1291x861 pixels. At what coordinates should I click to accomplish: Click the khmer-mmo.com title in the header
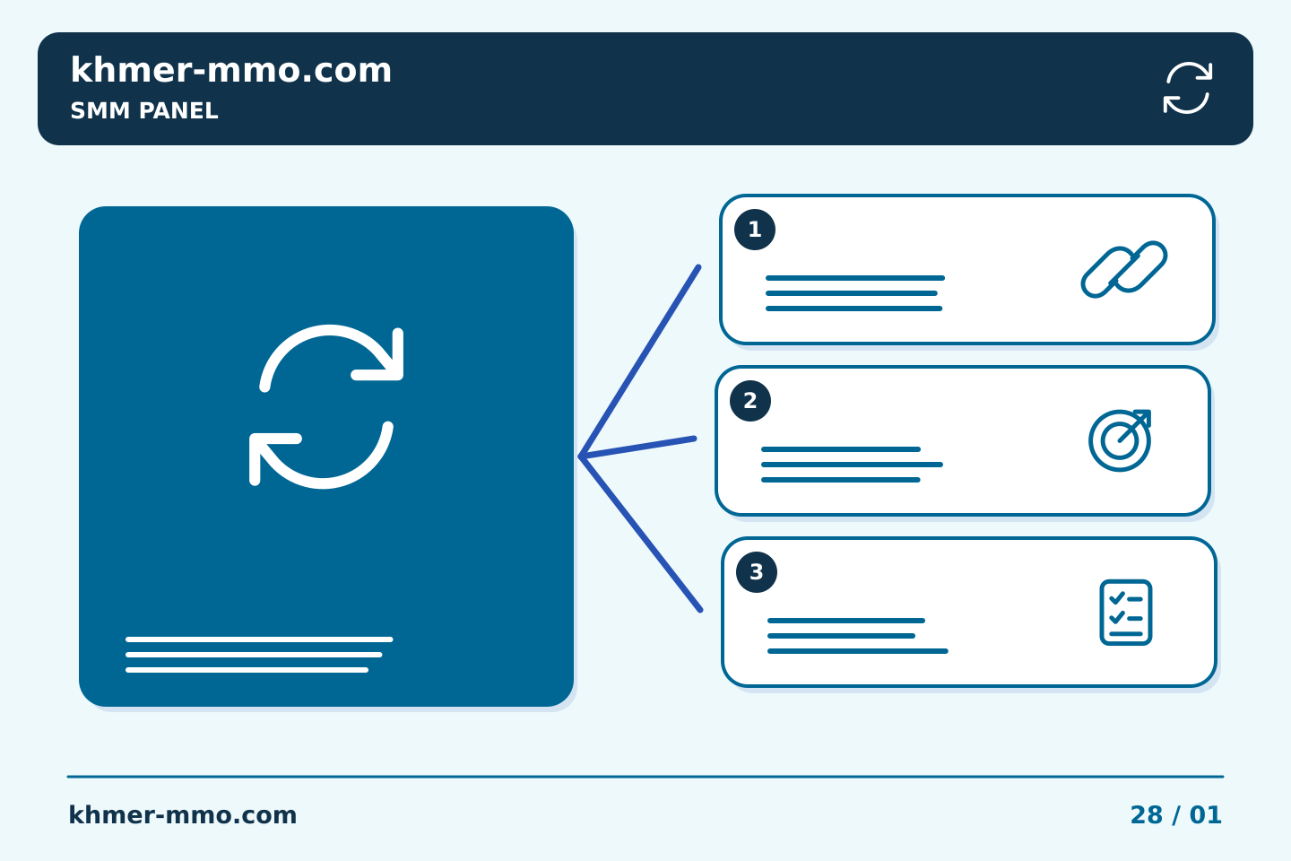point(230,70)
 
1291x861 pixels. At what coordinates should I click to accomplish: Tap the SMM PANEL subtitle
point(144,110)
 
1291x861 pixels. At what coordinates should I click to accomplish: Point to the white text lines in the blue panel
point(259,655)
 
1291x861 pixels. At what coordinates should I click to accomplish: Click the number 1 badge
point(755,230)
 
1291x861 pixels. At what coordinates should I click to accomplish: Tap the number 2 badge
point(749,401)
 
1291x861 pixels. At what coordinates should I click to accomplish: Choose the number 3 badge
point(756,572)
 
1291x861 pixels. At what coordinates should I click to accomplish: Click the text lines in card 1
point(855,293)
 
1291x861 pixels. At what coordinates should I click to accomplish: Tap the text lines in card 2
point(852,465)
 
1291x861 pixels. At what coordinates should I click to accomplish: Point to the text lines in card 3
point(858,636)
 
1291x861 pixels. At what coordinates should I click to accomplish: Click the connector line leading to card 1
point(640,361)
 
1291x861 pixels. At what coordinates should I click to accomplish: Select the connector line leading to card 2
point(638,448)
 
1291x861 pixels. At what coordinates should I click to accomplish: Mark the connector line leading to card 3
point(641,534)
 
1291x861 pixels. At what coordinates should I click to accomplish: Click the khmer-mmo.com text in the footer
point(182,815)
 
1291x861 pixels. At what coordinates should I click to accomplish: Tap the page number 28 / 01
point(1175,815)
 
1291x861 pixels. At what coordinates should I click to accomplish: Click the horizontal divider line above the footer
point(645,777)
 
